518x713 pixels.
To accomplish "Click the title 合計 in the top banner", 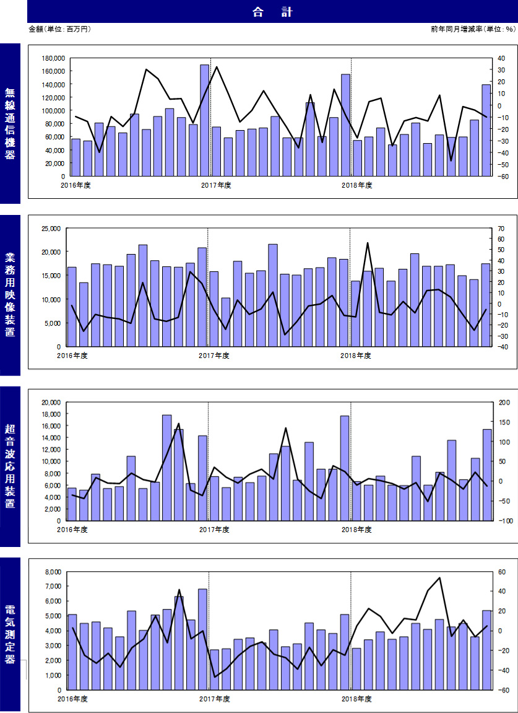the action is [x=272, y=12].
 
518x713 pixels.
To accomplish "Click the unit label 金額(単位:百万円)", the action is [x=59, y=29].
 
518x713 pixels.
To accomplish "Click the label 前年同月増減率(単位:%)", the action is [x=473, y=29].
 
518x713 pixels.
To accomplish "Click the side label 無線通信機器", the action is [x=10, y=123].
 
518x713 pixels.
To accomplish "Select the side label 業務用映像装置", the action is [x=10, y=295].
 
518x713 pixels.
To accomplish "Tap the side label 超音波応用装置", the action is [x=10, y=466].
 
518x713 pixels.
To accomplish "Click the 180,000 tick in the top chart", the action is [x=53, y=58].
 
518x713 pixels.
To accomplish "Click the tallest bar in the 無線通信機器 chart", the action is [x=204, y=120].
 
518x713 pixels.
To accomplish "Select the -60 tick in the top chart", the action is [x=502, y=176].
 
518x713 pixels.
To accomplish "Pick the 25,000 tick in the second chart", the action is [x=54, y=228].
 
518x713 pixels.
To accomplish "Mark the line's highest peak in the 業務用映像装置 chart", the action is [x=367, y=243].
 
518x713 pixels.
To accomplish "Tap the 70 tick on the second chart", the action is [x=501, y=228].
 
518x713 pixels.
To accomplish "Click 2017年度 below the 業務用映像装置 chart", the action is [x=214, y=356].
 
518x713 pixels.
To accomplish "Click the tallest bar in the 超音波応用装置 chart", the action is [x=166, y=468].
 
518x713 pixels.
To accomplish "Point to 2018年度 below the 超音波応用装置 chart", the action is [x=356, y=530].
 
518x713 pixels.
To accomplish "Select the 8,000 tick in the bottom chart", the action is [x=56, y=572].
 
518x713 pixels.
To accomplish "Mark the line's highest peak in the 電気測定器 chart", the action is [x=439, y=578].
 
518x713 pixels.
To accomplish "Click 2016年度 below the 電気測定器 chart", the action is [x=72, y=698].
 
